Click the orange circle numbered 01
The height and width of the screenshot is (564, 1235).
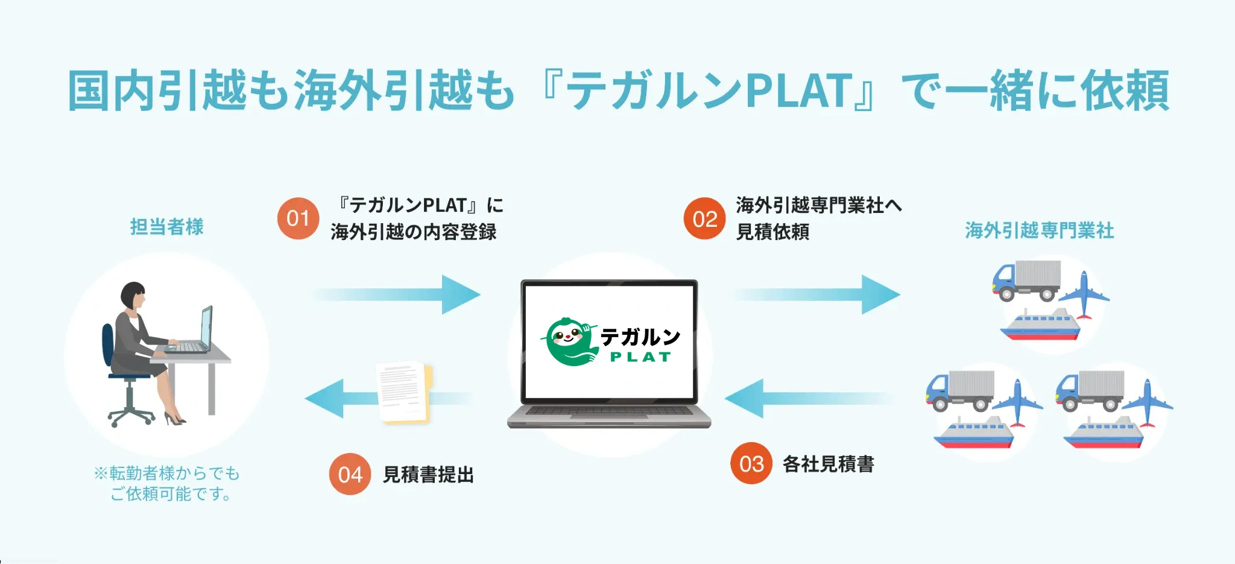[298, 218]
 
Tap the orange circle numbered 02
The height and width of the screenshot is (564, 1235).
[704, 218]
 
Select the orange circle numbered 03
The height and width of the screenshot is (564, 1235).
[751, 463]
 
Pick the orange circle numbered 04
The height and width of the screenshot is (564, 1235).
[350, 474]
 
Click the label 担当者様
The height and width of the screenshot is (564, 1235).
[167, 227]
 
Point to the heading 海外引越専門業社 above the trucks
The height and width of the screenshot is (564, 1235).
[1039, 230]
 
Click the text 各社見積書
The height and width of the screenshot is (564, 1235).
[828, 464]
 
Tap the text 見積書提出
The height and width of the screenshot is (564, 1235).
[428, 475]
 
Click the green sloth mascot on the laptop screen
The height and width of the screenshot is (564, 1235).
[567, 341]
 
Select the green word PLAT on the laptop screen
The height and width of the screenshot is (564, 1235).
[640, 357]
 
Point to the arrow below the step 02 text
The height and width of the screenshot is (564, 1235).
[817, 294]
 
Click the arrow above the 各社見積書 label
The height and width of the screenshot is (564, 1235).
[808, 399]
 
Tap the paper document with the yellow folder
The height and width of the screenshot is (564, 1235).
[402, 392]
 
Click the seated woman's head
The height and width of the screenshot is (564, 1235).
[133, 296]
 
